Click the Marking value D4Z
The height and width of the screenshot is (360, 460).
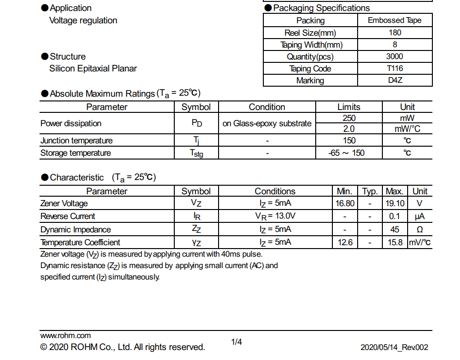[x=395, y=80]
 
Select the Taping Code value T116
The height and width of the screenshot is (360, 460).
[x=395, y=69]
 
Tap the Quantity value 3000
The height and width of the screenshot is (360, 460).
[x=395, y=57]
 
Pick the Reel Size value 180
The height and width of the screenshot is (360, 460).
[x=395, y=33]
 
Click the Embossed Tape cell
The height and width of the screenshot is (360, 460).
[x=395, y=20]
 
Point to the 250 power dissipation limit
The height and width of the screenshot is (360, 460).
[x=349, y=118]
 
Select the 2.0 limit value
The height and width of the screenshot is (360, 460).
[x=349, y=129]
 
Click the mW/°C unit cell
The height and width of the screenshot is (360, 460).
[x=407, y=129]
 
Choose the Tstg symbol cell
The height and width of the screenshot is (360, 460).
[x=196, y=153]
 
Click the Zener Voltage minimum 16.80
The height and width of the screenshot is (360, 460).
[x=345, y=203]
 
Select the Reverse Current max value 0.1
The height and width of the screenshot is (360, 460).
[x=395, y=216]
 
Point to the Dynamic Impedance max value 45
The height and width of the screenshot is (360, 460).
[x=395, y=229]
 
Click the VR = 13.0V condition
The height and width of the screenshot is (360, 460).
[x=275, y=216]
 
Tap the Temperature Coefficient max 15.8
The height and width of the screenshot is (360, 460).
[x=395, y=242]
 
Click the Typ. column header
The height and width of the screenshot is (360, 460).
[x=370, y=191]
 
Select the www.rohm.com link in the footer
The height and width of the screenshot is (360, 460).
[x=65, y=336]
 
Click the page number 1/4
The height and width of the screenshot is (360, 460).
[x=237, y=342]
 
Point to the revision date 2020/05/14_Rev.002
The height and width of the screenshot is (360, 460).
[x=394, y=348]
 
